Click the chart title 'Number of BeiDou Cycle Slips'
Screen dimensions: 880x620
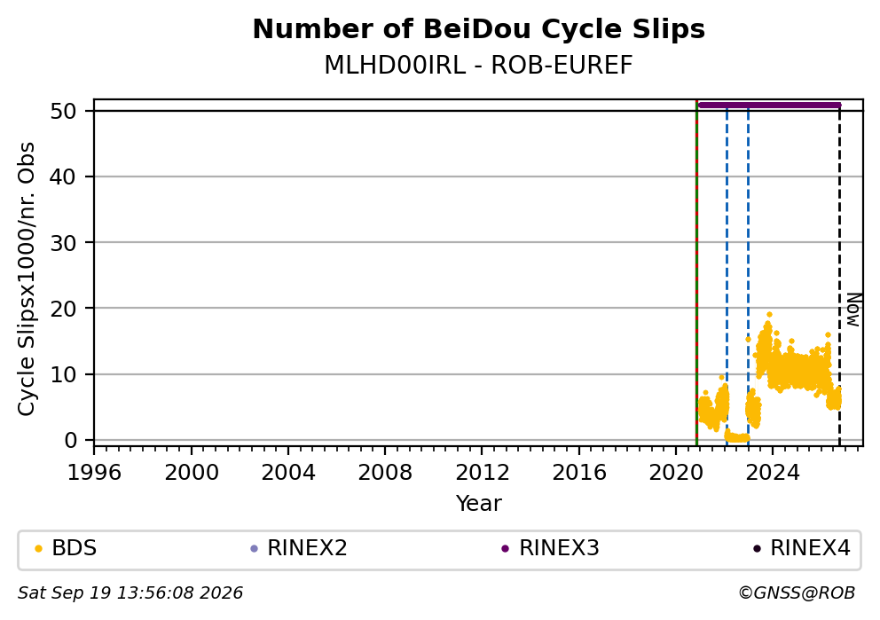(x=479, y=29)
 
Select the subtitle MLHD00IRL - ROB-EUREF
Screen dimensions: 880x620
(x=479, y=65)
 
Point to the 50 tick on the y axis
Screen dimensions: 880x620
(x=63, y=111)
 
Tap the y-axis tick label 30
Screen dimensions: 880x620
(x=63, y=242)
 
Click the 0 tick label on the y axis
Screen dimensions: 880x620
(x=70, y=440)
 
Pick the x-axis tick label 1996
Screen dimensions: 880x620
(x=94, y=473)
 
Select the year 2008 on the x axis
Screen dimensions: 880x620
(x=385, y=473)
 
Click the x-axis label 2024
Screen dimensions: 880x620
(x=773, y=473)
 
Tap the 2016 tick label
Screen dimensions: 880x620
(x=578, y=473)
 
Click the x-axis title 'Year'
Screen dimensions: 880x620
(x=479, y=503)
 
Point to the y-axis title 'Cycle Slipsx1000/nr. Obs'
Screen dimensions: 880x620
(x=26, y=279)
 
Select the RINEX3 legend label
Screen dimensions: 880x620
(x=559, y=547)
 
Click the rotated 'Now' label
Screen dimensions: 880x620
(x=853, y=310)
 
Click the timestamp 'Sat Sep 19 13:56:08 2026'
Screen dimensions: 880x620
(x=130, y=593)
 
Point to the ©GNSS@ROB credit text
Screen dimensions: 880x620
(x=797, y=593)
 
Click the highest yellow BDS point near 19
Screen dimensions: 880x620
(x=769, y=315)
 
